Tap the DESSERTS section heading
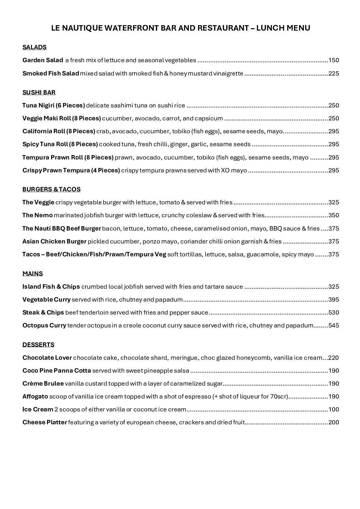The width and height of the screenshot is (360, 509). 38,345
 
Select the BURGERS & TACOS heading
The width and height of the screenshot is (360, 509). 51,189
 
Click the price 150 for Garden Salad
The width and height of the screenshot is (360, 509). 333,61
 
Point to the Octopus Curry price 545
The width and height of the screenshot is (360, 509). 333,325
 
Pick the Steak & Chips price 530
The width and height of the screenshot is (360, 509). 333,312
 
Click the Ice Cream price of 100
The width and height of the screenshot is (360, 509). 333,409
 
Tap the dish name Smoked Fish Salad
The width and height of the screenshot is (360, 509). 51,73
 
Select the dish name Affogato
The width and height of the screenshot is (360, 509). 35,396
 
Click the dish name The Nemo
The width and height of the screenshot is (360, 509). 37,215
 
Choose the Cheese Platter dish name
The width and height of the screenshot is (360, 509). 45,422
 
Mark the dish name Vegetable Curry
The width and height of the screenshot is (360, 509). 46,300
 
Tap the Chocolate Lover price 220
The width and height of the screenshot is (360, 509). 333,358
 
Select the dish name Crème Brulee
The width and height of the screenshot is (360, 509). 43,384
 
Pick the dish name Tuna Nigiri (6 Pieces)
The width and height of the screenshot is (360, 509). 53,105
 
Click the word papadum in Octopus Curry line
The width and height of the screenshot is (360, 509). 300,325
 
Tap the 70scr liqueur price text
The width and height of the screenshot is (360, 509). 280,396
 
